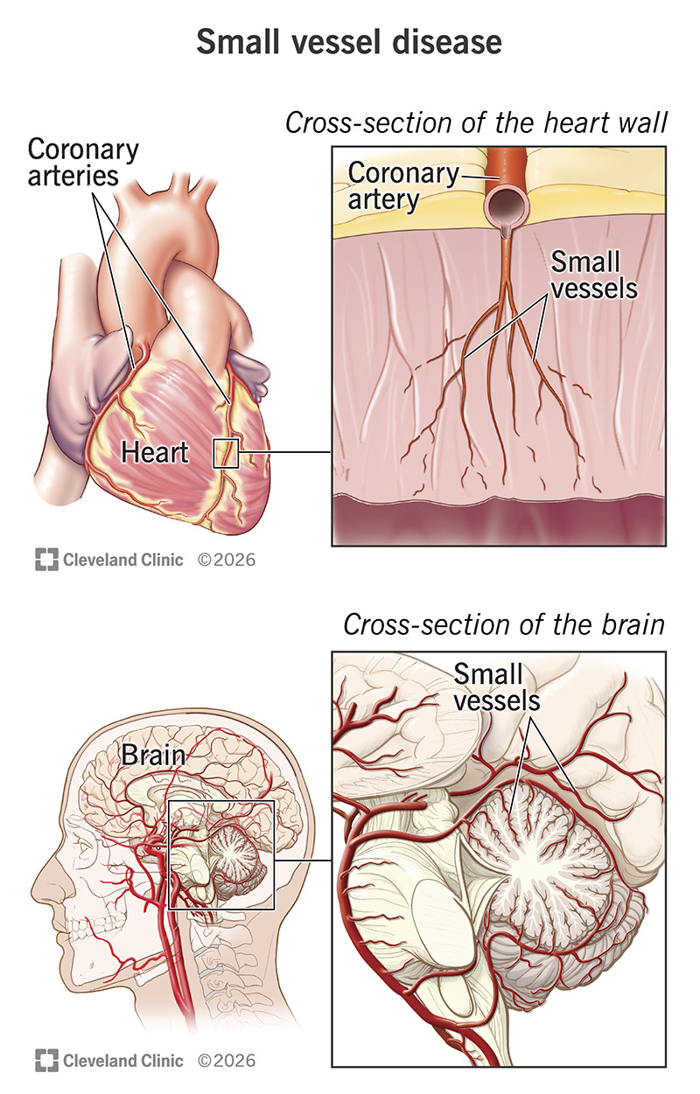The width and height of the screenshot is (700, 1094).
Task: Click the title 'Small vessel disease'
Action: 349,42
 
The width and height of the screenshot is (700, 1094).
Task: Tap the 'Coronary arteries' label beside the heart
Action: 83,163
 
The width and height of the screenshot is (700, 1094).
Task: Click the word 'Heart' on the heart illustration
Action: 155,452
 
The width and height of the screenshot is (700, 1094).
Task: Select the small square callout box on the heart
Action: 226,454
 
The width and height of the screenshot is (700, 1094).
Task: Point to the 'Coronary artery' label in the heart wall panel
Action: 403,186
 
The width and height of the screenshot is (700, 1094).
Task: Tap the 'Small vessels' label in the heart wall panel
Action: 594,275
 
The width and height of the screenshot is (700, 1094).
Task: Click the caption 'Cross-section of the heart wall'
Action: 476,122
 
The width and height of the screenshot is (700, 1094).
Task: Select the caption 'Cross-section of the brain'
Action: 504,624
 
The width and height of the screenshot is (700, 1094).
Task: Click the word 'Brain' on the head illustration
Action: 153,755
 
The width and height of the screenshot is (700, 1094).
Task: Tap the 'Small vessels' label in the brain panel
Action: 497,687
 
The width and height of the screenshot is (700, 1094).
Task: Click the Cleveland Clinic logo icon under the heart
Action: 46,560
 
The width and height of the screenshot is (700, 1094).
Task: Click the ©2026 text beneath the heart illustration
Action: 227,560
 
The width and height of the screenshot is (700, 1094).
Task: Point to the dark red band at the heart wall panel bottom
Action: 499,520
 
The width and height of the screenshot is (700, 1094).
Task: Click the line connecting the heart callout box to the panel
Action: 285,452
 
